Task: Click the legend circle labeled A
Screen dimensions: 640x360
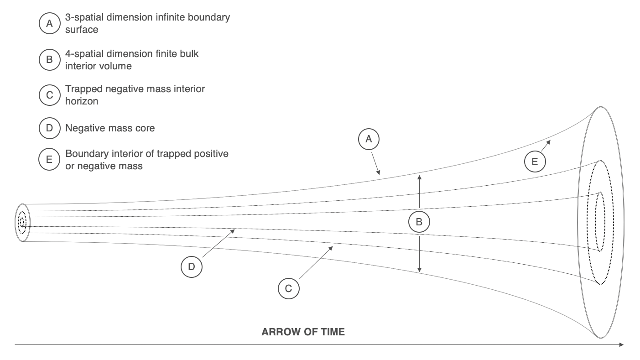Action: tap(49, 23)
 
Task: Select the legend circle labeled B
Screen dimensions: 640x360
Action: tap(49, 59)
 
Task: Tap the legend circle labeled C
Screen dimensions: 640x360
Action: tap(49, 95)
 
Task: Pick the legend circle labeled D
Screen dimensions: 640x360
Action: tap(49, 128)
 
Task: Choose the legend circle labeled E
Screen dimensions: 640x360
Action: tap(49, 159)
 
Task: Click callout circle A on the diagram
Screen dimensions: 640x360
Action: tap(369, 139)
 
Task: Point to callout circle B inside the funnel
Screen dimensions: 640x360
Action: tap(419, 222)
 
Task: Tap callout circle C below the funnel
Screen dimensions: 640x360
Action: tap(289, 288)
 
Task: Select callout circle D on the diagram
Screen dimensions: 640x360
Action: tap(192, 266)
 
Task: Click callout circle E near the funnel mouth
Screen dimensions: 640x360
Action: tap(535, 162)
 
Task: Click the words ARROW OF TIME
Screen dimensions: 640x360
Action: tap(303, 332)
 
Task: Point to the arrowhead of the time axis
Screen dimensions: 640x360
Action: tap(621, 345)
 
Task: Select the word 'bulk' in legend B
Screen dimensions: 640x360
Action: tap(189, 54)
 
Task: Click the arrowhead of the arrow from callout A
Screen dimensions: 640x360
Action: tap(379, 172)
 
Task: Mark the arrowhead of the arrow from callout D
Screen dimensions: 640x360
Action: tap(233, 231)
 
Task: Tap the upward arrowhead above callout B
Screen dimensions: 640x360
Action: tap(419, 177)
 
